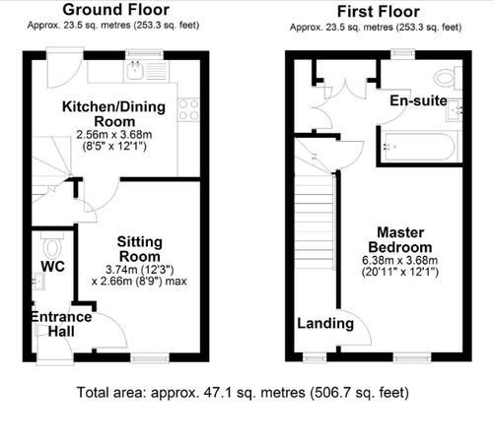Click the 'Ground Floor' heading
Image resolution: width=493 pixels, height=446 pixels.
121,10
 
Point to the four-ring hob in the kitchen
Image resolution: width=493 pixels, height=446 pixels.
189,107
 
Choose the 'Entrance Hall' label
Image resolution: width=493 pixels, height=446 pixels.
61,324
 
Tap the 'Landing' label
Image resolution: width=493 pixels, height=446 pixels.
325,323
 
